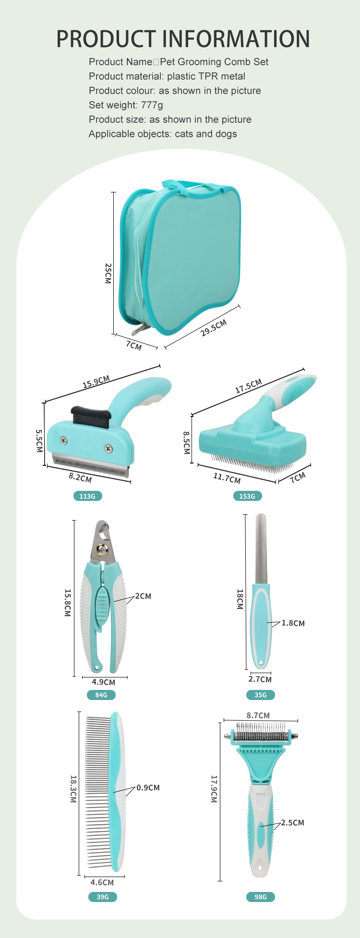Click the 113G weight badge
[87, 496]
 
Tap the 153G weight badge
[247, 496]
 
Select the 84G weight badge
[101, 695]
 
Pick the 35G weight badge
[261, 695]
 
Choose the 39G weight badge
[103, 897]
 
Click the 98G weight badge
[261, 897]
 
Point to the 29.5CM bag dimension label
[214, 328]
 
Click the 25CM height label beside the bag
[108, 273]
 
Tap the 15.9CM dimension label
[96, 381]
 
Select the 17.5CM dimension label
[249, 386]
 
